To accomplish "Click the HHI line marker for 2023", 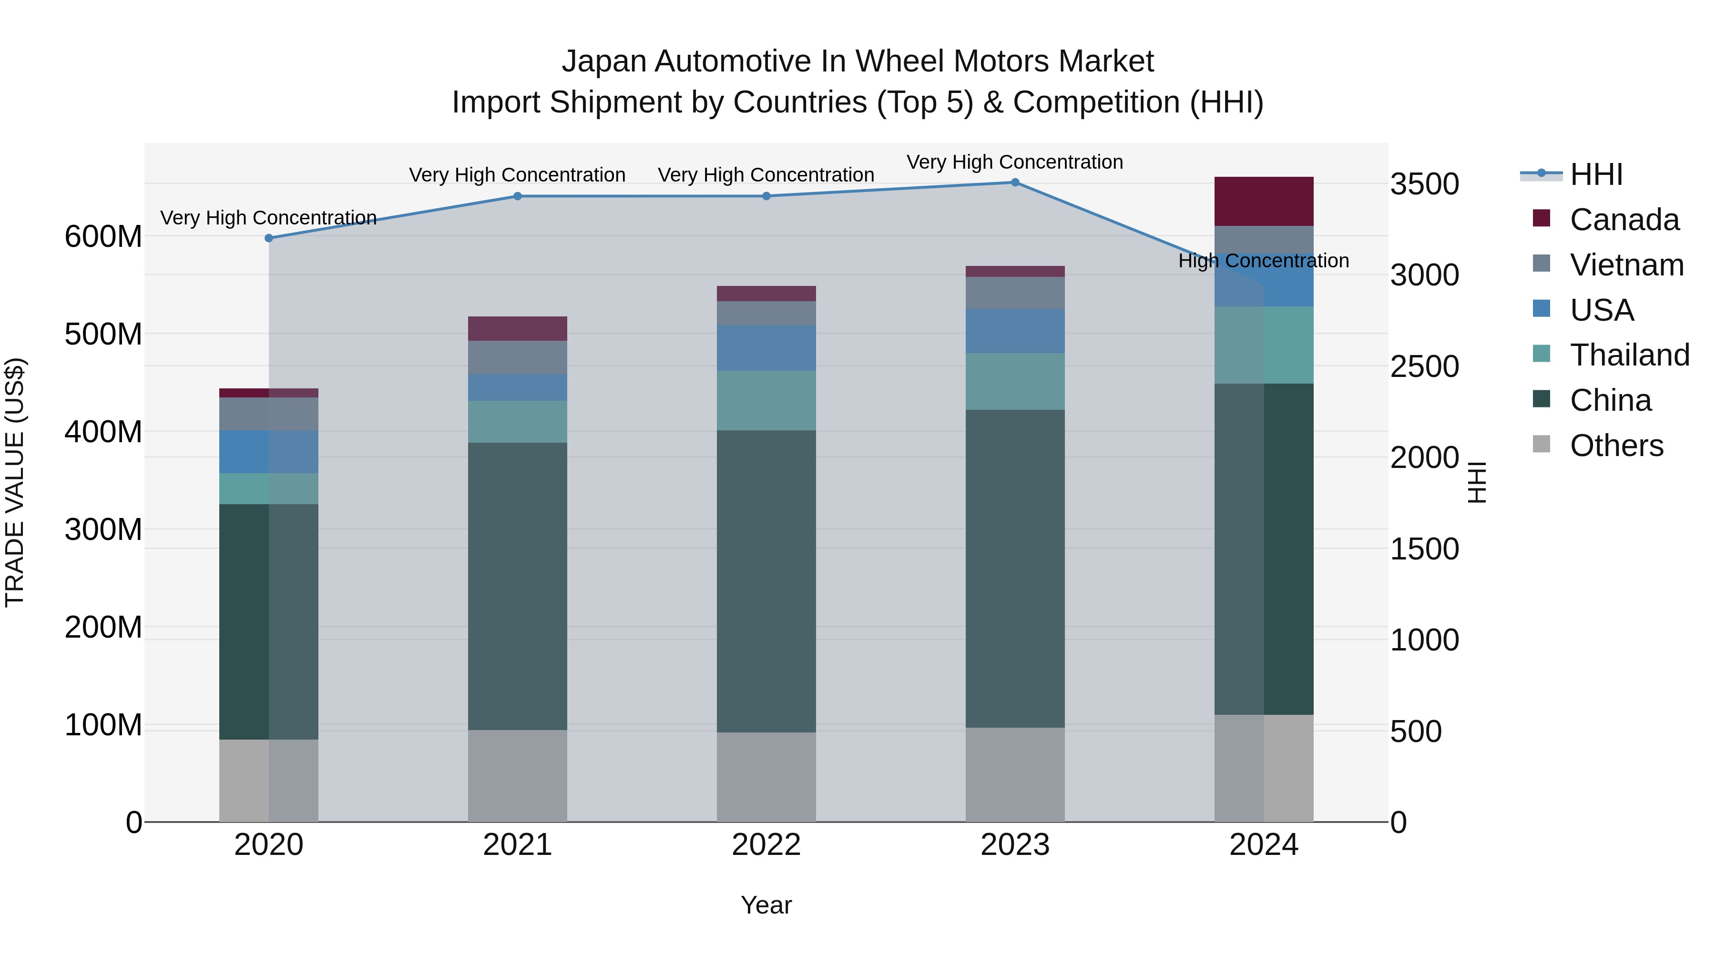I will [x=1014, y=183].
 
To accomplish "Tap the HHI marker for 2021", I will [x=518, y=196].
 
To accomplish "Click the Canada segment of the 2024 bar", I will [x=1264, y=201].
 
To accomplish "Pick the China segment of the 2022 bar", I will [x=766, y=581].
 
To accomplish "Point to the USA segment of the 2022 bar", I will [x=766, y=348].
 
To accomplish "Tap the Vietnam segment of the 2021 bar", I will [x=518, y=357].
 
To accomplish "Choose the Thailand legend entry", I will [x=1629, y=355].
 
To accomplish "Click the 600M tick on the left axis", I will [x=103, y=236].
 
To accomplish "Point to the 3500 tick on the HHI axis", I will [x=1424, y=184].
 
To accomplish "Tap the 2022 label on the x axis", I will [x=766, y=845].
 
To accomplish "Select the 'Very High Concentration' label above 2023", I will [x=1014, y=162].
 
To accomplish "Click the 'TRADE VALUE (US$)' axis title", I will [x=15, y=482].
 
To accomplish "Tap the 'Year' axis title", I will [x=766, y=905].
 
